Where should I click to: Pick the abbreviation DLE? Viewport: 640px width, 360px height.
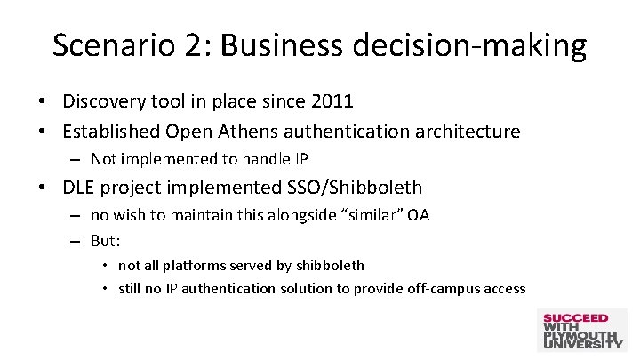81,187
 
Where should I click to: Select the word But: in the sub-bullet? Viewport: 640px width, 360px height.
106,241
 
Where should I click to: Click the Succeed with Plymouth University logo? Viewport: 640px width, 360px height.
582,331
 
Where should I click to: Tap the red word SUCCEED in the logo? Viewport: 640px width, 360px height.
575,317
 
